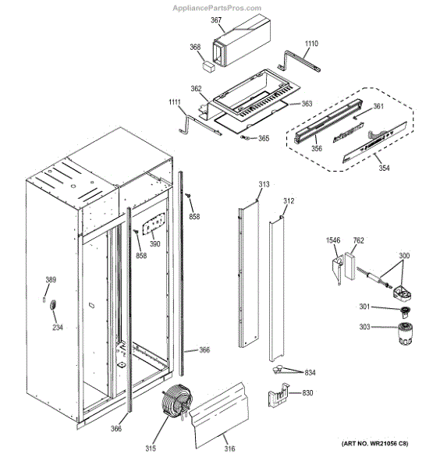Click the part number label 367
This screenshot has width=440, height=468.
pos(216,20)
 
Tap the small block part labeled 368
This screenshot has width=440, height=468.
pos(208,66)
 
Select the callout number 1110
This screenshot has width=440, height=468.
pos(311,44)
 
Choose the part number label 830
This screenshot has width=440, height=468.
pos(307,393)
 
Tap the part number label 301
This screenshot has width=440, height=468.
pos(364,307)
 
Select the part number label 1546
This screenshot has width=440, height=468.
pos(333,240)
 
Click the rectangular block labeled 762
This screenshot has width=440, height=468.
pos(350,266)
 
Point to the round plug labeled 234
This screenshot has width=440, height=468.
pos(53,306)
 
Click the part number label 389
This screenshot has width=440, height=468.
pos(51,280)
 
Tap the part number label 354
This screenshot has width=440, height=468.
pos(384,168)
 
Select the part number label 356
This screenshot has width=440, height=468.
pos(317,148)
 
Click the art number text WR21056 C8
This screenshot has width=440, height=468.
pos(387,444)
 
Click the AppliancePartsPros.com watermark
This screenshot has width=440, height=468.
pos(217,8)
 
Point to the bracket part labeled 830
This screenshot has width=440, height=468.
pos(279,395)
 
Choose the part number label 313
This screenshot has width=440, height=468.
pos(264,184)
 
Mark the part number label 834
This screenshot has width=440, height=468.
pos(310,373)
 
